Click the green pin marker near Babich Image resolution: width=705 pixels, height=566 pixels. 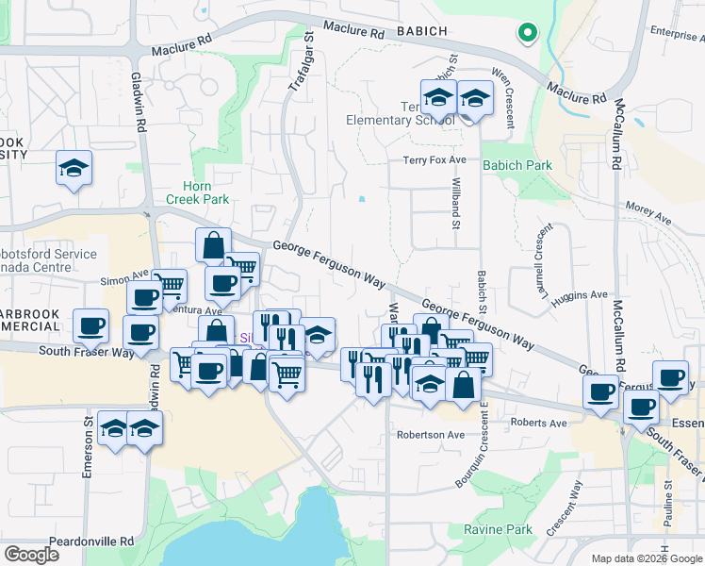pos(527,34)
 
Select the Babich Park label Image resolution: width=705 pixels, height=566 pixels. pos(516,165)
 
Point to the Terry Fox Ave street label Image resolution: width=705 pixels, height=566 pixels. pos(434,161)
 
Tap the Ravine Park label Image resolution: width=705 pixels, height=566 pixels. pos(499,530)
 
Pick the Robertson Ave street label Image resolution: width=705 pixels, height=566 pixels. pos(431,435)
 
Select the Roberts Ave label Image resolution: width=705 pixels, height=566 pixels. pos(539,424)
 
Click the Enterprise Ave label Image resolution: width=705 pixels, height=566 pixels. pos(677,34)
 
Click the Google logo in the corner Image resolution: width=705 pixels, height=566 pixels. pos(31,555)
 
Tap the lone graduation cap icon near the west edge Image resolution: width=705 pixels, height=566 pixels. pos(74,169)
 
